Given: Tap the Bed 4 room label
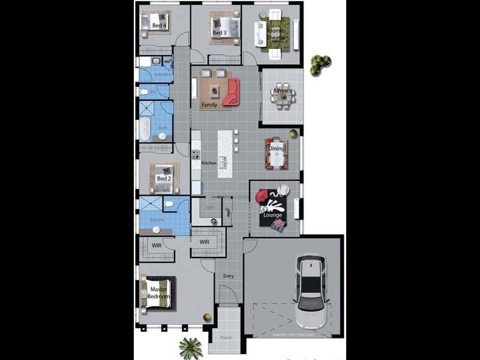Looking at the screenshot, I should coord(159,26).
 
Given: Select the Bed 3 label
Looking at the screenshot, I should coord(219,32).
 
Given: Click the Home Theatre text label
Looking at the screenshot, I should coord(276,34).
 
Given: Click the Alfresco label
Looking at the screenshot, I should coord(282,91).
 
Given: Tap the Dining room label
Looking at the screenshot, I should coord(276,148).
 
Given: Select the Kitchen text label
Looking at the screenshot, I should coord(208,163).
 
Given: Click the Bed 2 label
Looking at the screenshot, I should coord(164,178).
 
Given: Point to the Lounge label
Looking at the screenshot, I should coord(272,214).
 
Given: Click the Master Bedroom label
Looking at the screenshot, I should coord(159,293).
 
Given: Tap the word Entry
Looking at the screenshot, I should coord(229,277).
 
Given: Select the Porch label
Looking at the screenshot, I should coord(226,338).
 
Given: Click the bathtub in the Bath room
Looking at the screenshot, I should coord(145,130).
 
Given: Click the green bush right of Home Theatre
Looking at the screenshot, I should coord(320,65).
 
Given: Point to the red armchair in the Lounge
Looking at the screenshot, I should coord(262,196).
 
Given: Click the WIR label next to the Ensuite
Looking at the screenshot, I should coord(157,245).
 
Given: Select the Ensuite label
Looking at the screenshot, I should coord(157,220).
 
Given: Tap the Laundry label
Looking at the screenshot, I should coord(163,74).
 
